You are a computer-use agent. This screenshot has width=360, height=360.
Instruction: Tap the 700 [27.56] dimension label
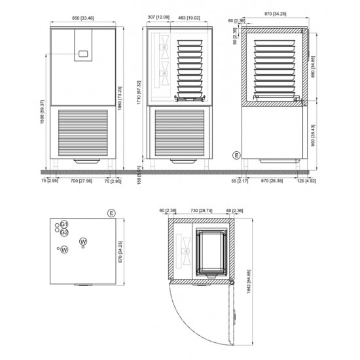(82, 181)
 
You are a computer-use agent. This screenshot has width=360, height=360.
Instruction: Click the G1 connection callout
(64, 224)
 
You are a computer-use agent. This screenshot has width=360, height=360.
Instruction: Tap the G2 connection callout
(64, 232)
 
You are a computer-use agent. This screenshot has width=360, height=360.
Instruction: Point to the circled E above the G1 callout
(112, 213)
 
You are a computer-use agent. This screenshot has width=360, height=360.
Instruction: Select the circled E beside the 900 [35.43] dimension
(236, 154)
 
